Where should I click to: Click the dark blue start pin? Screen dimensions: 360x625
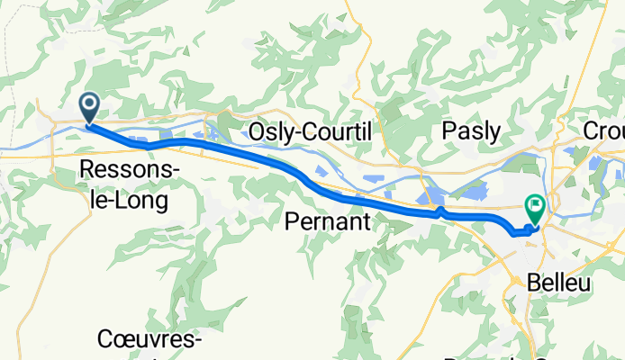coord(91,108)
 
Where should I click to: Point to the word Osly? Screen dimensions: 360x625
coord(275,131)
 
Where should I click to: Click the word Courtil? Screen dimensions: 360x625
coord(339,131)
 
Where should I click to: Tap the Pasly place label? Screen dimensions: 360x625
coord(471,131)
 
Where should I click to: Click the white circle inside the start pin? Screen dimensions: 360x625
coord(91,104)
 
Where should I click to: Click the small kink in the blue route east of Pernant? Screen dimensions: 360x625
coord(439,212)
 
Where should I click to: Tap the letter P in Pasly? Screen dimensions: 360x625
coord(448,131)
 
